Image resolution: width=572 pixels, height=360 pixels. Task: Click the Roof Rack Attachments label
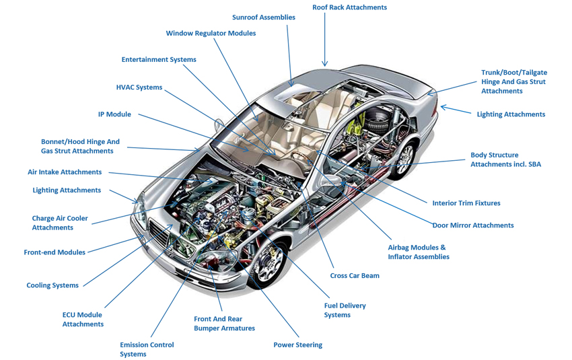(x=349, y=7)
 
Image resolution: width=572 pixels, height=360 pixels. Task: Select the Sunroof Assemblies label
(x=263, y=17)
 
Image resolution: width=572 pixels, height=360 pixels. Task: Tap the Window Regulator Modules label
(x=211, y=34)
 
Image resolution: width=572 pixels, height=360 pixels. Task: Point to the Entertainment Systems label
(x=159, y=60)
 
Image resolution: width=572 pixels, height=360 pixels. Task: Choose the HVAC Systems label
(x=139, y=87)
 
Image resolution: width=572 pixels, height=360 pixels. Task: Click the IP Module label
(x=114, y=114)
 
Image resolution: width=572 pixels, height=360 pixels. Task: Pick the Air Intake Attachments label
(x=65, y=172)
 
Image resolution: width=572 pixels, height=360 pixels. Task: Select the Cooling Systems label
(x=52, y=285)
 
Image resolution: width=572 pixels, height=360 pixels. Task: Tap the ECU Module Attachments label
(x=83, y=320)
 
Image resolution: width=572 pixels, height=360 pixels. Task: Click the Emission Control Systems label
(x=147, y=349)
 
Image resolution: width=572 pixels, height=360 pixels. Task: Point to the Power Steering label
(x=297, y=345)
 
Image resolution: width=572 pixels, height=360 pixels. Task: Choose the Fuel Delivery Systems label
(x=345, y=310)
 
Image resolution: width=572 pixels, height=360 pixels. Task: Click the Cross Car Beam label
(x=355, y=276)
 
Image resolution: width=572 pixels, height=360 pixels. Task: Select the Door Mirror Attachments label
(x=472, y=225)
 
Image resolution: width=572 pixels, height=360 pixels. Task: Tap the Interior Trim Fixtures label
(x=466, y=203)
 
